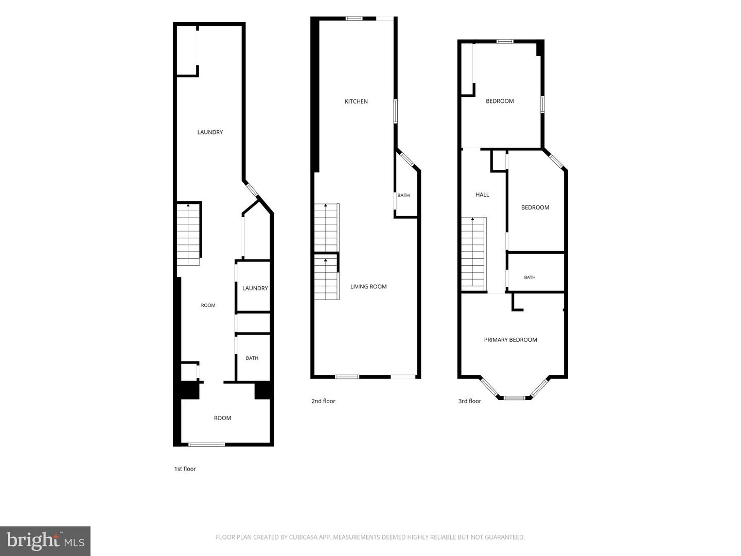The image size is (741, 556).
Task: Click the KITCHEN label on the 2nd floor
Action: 356,101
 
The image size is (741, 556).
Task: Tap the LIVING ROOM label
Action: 368,287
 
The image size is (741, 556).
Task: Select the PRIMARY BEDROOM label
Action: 510,340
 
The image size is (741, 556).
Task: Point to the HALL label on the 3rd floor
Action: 482,195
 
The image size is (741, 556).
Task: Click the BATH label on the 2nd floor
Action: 403,196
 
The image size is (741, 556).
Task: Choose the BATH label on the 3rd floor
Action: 530,277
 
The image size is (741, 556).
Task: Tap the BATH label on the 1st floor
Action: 252,358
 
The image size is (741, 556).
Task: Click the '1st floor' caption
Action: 185,469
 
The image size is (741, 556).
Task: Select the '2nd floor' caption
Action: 323,401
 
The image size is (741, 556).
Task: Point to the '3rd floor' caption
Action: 470,401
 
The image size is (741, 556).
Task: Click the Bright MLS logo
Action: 45,541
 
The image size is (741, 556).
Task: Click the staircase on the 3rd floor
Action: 473,254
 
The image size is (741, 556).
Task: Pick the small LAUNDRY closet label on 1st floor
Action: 255,288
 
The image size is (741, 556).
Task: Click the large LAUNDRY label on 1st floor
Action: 210,132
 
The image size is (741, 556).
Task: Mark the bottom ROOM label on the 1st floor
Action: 222,418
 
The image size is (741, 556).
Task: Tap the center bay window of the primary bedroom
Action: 515,397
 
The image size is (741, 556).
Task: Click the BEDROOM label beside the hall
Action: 535,207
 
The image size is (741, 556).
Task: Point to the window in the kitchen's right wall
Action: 395,111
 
